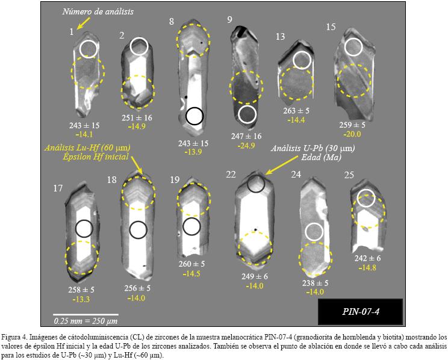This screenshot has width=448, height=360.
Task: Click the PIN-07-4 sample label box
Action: tap(360, 312)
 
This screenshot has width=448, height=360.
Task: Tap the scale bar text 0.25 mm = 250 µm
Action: tap(86, 321)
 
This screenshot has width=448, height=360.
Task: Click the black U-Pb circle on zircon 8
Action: tap(194, 116)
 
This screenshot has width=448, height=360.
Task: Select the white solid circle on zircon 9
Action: tap(247, 114)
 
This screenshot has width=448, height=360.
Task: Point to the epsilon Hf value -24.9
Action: tap(246, 146)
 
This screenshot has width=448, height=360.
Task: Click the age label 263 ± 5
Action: tap(296, 111)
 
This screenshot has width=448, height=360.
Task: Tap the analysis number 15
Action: tap(331, 27)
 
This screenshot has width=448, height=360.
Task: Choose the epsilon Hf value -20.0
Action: tap(352, 134)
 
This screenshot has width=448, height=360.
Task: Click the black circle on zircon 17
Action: tap(84, 229)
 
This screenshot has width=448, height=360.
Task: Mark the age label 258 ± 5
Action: tap(81, 290)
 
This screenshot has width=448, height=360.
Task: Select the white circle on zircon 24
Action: tap(314, 232)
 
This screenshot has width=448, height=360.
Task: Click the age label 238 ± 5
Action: tap(315, 283)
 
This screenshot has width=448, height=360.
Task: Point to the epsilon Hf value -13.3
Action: tap(81, 299)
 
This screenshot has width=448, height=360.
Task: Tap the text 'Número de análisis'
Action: tap(98, 11)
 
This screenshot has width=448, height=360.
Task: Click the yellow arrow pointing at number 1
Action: tap(84, 23)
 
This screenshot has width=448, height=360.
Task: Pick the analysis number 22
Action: tap(231, 175)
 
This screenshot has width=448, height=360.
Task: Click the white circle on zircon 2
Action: tap(139, 46)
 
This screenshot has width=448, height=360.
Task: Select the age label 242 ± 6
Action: tap(367, 258)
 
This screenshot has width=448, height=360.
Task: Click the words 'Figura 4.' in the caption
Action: tap(14, 337)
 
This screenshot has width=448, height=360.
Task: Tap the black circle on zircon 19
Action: tap(191, 226)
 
